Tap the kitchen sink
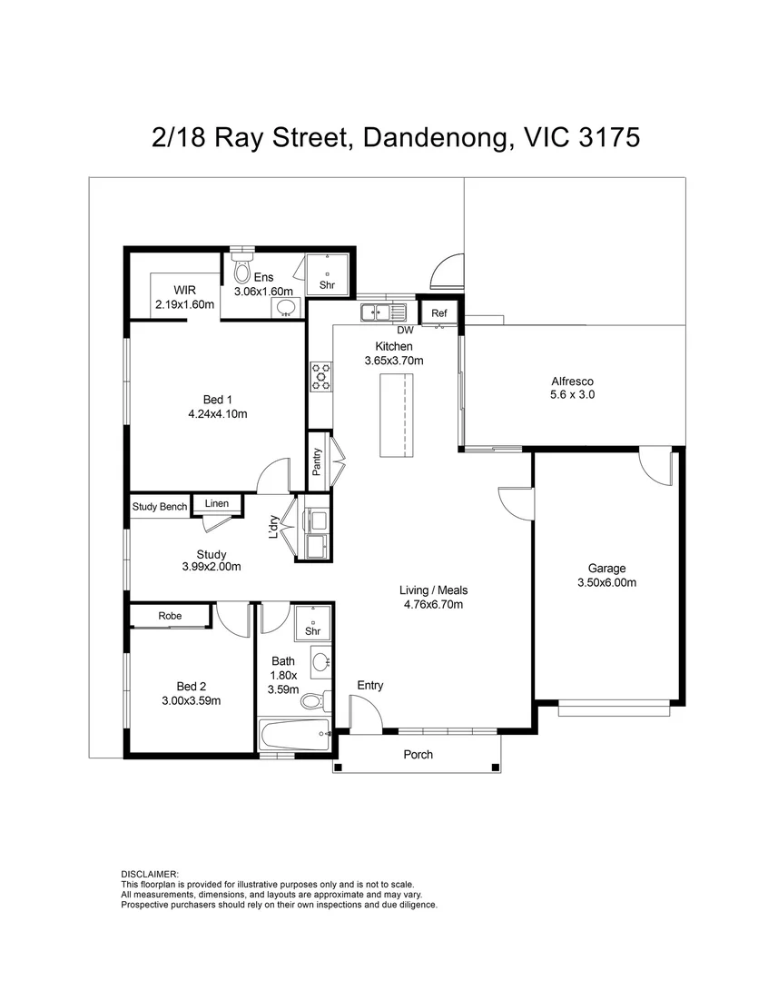click(383, 312)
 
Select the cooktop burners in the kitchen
click(321, 377)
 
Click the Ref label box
click(439, 312)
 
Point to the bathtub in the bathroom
click(294, 735)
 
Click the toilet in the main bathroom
click(315, 700)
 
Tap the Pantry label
click(317, 461)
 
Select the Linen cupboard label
click(216, 503)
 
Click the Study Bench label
click(160, 507)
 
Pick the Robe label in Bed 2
click(170, 616)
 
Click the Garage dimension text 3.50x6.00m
click(606, 582)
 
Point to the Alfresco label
click(572, 381)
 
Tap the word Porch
click(418, 755)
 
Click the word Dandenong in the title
click(435, 138)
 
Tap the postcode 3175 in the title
click(609, 138)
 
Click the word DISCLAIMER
click(150, 874)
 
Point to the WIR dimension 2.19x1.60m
click(184, 304)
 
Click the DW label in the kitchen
click(405, 330)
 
